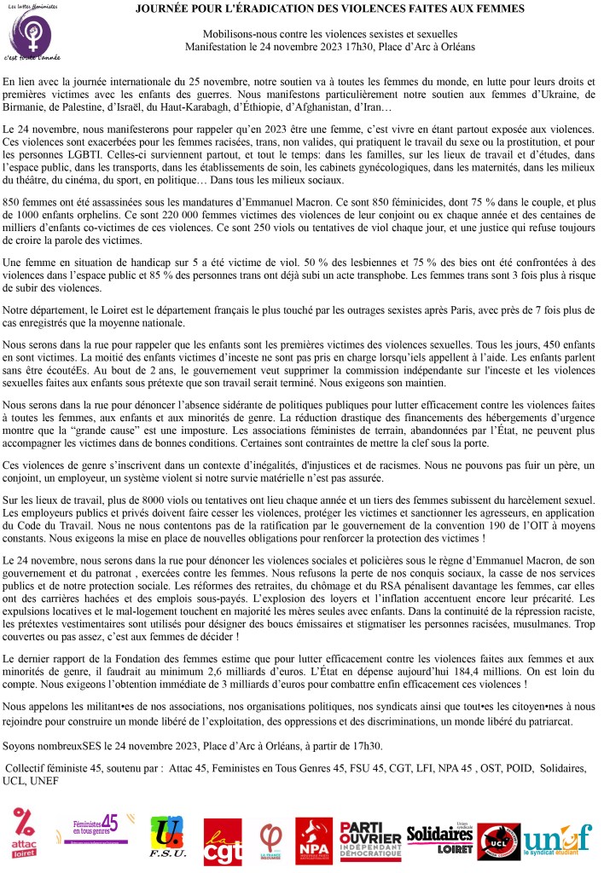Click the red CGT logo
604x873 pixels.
[222, 840]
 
